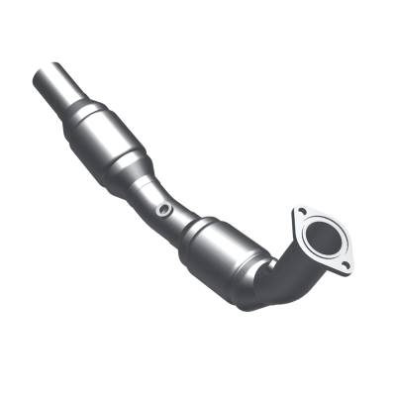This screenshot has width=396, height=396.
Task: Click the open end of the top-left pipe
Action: point(44,72)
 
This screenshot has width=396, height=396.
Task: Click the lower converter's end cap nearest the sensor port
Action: point(192,230)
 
